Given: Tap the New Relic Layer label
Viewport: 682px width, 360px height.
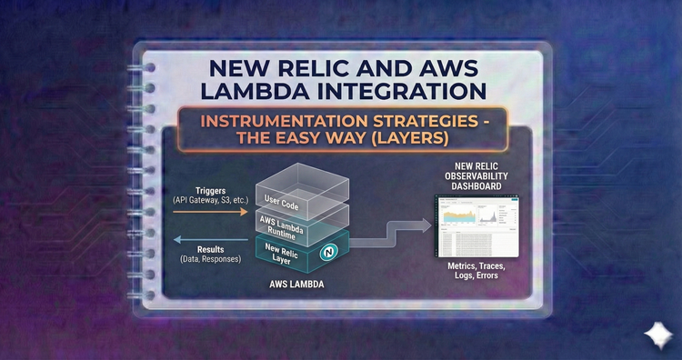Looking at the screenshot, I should click(x=282, y=253).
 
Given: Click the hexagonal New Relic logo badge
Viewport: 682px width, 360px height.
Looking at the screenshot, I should click(x=330, y=250).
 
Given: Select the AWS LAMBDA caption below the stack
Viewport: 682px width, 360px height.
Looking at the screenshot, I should click(x=297, y=285).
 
